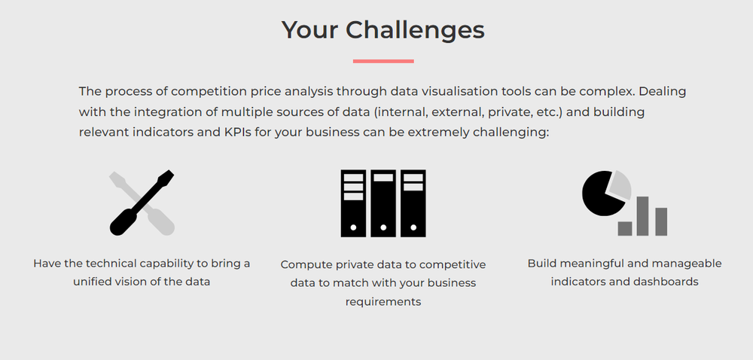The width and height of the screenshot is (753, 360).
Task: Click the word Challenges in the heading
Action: pyautogui.click(x=415, y=30)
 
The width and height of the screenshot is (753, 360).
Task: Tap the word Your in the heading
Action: pyautogui.click(x=309, y=30)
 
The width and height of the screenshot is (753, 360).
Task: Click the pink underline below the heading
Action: pyautogui.click(x=383, y=61)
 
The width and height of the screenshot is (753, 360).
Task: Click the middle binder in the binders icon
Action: pyautogui.click(x=383, y=203)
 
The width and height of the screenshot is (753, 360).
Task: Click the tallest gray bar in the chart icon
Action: pyautogui.click(x=643, y=216)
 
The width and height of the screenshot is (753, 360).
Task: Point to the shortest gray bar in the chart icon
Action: pyautogui.click(x=625, y=228)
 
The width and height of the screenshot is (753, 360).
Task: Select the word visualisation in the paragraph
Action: pyautogui.click(x=451, y=92)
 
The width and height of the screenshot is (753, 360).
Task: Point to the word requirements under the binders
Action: pyautogui.click(x=383, y=301)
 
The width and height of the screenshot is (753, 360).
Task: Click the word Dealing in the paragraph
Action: pyautogui.click(x=663, y=92)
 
